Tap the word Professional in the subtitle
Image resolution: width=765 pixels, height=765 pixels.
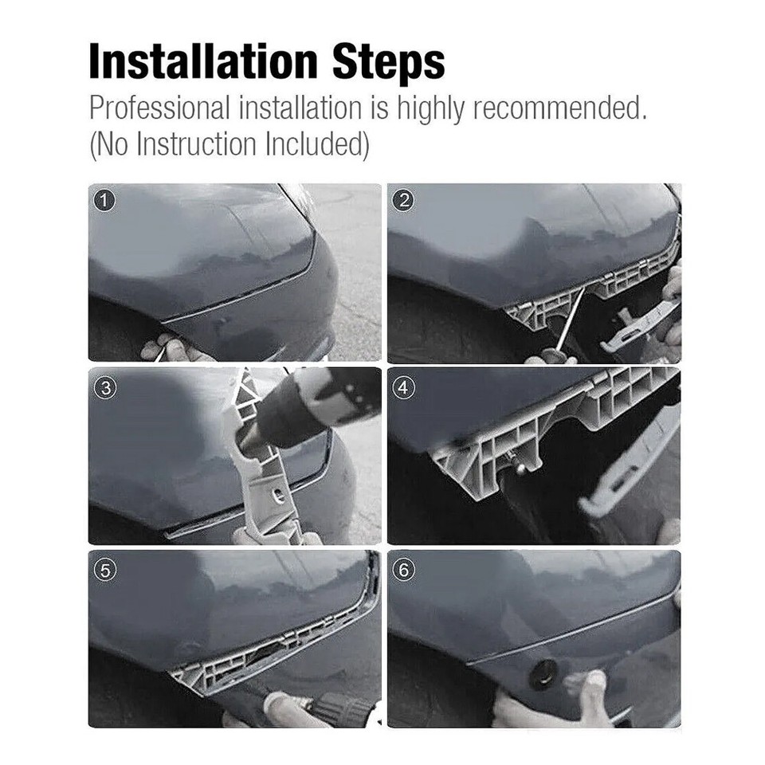tap(158, 107)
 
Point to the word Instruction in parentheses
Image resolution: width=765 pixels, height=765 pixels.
tap(187, 144)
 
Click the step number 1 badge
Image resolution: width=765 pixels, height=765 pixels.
tap(104, 201)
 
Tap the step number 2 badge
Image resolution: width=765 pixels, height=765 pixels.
tap(404, 201)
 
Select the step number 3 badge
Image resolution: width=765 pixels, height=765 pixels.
tap(104, 388)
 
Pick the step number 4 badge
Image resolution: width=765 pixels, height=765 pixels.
tap(404, 388)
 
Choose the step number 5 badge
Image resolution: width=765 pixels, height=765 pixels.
tap(104, 571)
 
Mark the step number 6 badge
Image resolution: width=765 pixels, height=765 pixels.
tap(404, 571)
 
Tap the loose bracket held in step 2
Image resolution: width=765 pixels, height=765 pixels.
tap(637, 327)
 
